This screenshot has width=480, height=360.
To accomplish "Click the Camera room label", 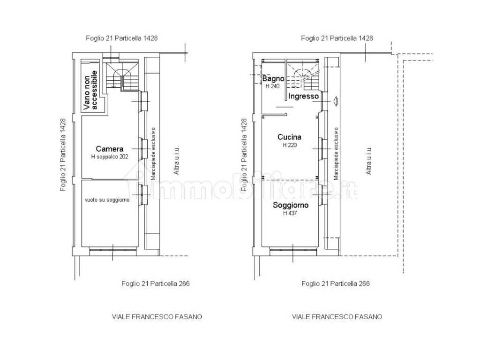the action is point(110,149).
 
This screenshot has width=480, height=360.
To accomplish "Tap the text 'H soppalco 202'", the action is point(110,157).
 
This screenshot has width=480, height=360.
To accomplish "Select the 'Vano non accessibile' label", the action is point(90,90).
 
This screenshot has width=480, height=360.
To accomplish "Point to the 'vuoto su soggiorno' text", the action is point(107,200).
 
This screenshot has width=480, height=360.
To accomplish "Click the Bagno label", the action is point(273,79).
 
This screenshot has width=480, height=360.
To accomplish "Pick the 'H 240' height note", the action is point(272,86).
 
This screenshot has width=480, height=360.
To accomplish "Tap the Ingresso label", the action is point(303,97).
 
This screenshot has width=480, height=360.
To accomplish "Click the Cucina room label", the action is point(289,137).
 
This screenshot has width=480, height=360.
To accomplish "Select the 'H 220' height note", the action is point(290,145).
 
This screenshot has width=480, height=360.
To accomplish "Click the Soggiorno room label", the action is point(291,205).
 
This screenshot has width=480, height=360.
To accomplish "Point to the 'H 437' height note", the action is point(290,213).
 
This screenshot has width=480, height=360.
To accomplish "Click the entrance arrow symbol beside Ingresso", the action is point(335,101).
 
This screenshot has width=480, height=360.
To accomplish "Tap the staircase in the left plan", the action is point(122,75).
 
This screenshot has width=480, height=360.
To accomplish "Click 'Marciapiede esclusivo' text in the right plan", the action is point(336,154).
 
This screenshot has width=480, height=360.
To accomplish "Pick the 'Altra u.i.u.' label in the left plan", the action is point(176,160).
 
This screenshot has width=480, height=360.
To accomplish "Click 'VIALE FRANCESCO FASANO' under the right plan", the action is point(337,316).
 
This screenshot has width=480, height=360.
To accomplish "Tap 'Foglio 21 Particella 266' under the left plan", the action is point(156,284).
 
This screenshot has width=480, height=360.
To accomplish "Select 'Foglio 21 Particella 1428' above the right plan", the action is point(337,38).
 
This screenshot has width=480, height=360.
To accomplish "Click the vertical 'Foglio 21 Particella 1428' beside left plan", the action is point(63,155).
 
